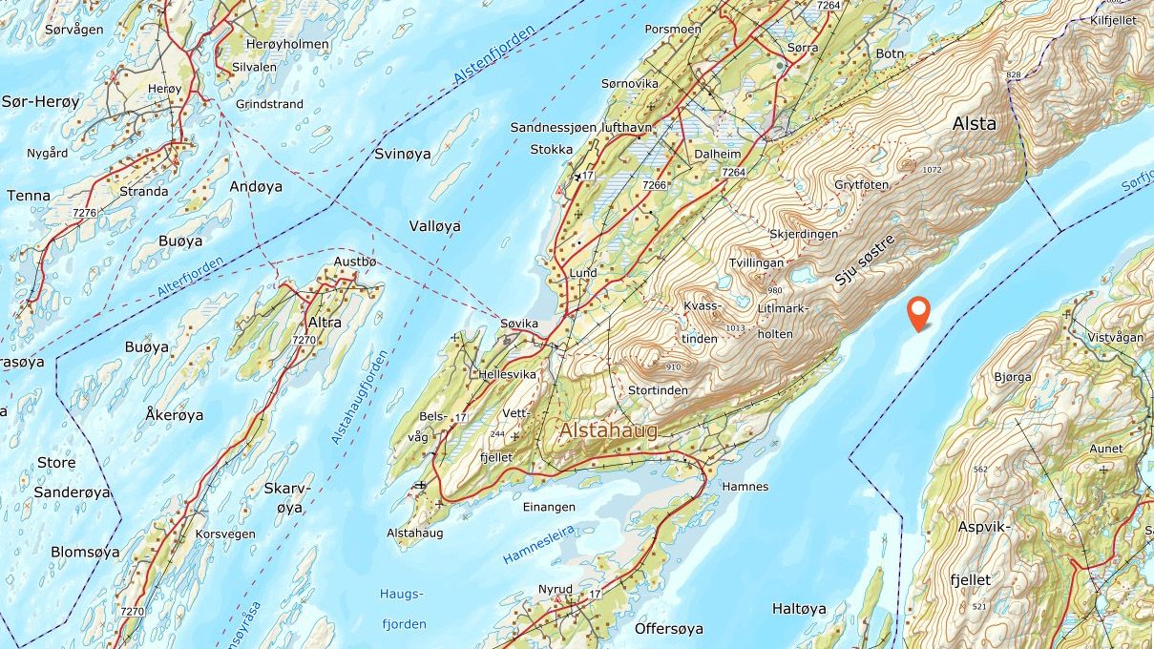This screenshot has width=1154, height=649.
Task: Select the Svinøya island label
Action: (x=402, y=154)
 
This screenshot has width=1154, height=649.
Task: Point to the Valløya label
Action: (x=434, y=226)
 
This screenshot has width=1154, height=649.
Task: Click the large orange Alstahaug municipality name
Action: (x=608, y=431)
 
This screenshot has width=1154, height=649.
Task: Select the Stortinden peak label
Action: (x=658, y=390)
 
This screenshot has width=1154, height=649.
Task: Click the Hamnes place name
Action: (x=745, y=487)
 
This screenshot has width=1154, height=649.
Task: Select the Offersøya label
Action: (x=668, y=629)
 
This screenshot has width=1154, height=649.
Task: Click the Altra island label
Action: (x=325, y=323)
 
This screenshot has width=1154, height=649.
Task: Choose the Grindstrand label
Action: (x=269, y=104)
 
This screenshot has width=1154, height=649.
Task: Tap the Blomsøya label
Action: (x=85, y=552)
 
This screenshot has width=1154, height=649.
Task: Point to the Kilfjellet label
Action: (x=1121, y=19)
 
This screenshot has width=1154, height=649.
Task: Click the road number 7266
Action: (x=654, y=184)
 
